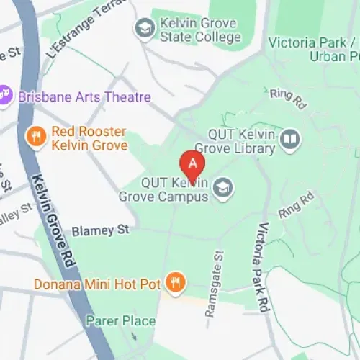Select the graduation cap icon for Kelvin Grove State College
(145, 28)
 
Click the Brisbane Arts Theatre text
(84, 96)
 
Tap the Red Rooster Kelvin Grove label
(89, 138)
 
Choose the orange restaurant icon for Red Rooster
(34, 135)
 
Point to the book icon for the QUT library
(290, 139)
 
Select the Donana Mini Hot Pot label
(96, 284)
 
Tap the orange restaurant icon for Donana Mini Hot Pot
(174, 282)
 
